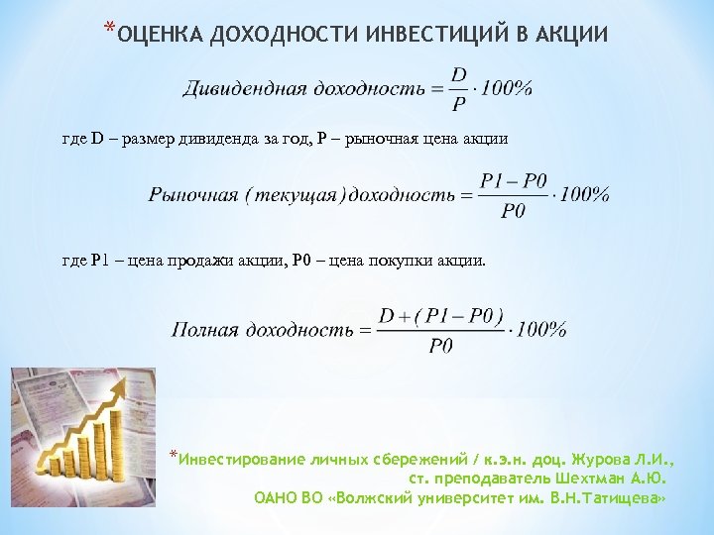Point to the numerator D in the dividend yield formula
pos(459,74)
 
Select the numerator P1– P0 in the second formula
pos(513,181)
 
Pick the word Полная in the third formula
pos(204,329)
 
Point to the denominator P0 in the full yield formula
pos(441,345)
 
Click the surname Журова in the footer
pos(604,460)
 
